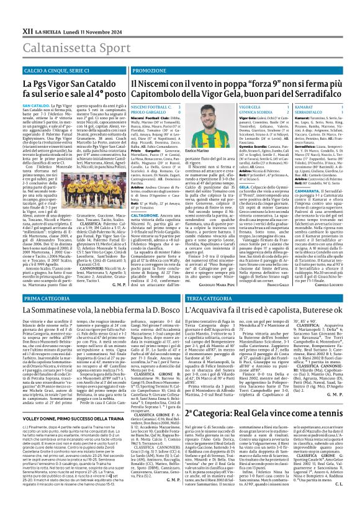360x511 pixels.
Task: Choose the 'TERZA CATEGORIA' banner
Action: point(210,299)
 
